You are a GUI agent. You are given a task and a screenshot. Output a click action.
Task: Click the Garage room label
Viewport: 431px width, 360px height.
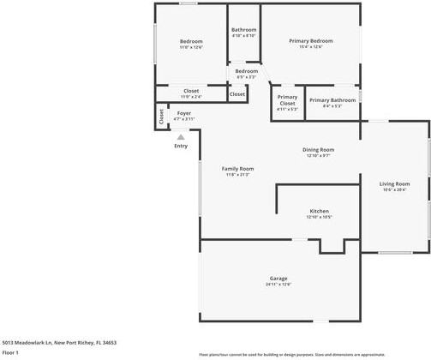coord(278,279)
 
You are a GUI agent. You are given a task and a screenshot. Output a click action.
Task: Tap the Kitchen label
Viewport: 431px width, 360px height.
coord(319,211)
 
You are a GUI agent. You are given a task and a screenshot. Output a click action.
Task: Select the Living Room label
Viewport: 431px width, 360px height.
coord(395,184)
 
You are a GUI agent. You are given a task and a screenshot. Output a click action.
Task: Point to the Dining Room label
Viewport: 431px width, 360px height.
coord(318,150)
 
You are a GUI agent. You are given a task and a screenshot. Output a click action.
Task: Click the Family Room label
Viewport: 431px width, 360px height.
coord(237,169)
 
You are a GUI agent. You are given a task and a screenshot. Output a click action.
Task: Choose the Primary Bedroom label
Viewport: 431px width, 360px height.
coord(310,41)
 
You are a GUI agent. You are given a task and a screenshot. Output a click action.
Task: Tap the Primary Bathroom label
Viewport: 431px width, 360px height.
coord(332,100)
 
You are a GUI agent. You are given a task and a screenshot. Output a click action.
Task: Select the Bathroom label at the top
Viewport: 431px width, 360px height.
coord(244,30)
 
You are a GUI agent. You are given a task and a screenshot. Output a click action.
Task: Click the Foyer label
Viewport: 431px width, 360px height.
coord(184,113)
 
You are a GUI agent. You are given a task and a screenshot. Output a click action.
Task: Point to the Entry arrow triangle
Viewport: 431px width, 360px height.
coord(181,135)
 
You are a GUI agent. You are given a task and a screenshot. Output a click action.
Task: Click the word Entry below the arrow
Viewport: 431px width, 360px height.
coord(181,146)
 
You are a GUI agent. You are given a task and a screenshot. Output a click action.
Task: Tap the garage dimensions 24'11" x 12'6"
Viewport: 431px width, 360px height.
coord(278,285)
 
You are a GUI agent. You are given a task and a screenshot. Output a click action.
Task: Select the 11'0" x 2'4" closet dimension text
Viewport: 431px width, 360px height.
coord(191,97)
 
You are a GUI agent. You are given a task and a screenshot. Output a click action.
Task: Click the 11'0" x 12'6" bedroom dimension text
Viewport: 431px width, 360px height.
coord(191,47)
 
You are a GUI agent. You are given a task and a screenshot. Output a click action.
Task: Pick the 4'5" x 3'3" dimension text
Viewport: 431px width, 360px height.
coord(246,77)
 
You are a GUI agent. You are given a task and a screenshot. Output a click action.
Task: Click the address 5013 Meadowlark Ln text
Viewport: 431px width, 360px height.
coord(58,342)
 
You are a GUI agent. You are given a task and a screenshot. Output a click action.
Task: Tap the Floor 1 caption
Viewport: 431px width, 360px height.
coord(10,352)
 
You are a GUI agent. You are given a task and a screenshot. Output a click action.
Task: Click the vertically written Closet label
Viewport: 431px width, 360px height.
coord(161,116)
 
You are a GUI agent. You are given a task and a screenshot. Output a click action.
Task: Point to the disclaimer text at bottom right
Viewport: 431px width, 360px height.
coord(291,353)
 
